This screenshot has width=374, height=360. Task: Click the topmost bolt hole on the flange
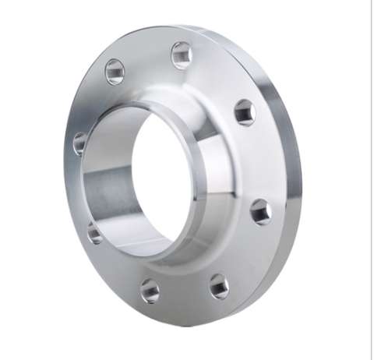click(182, 55)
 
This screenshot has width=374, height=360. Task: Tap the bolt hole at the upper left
click(115, 72)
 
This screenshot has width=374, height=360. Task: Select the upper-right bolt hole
click(244, 111)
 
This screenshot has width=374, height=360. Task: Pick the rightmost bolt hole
click(259, 210)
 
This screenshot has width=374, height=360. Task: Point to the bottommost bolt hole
click(150, 291)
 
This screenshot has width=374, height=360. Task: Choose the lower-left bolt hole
click(94, 231)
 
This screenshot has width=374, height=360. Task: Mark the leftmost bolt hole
click(80, 143)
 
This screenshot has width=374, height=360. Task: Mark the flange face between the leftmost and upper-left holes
click(92, 105)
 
